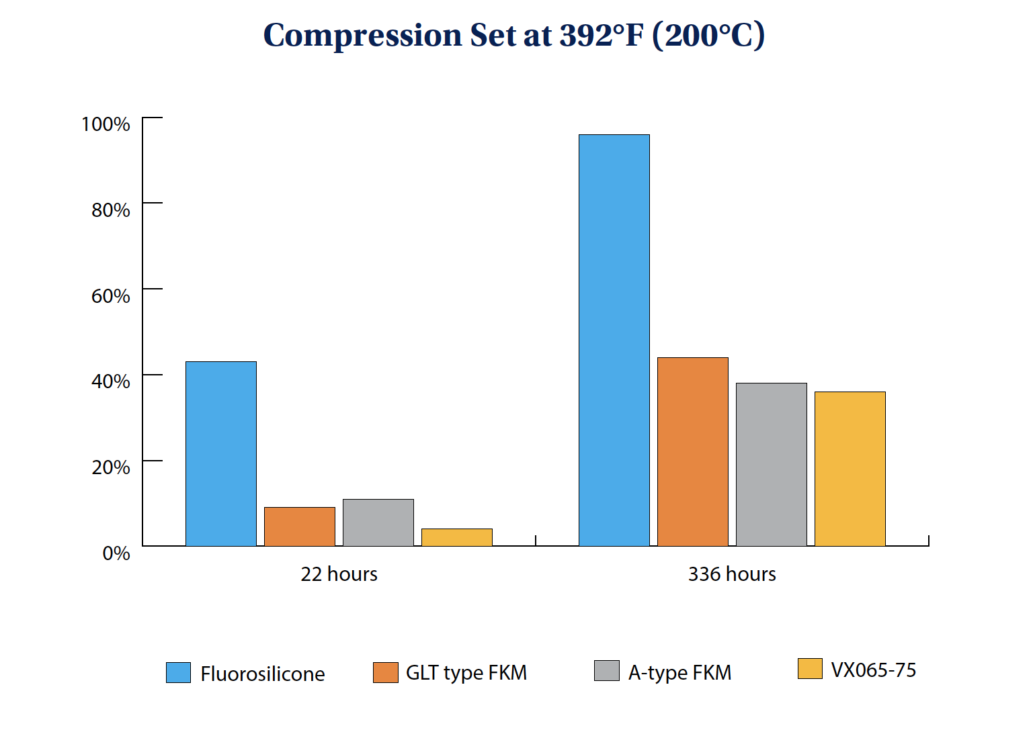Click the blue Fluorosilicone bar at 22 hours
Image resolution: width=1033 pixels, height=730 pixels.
[220, 454]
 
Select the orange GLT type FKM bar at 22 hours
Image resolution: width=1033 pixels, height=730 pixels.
[299, 527]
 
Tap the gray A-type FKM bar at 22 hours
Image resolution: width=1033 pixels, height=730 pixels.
[378, 522]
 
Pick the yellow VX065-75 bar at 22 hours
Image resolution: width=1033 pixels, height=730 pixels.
[456, 537]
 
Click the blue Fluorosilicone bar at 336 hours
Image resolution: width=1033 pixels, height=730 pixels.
[614, 340]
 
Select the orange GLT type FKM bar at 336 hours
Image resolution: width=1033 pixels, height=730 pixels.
[692, 452]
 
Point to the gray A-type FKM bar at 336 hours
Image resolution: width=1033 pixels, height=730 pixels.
[771, 465]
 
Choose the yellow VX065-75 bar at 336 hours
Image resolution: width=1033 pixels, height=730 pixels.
[850, 469]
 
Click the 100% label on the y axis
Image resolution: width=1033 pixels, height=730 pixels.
[106, 124]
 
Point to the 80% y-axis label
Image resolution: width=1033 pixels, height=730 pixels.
[110, 210]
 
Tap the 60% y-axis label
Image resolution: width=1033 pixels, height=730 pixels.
[110, 296]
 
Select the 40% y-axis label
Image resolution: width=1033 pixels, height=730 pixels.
[110, 381]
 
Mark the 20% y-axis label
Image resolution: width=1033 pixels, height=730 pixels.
[110, 467]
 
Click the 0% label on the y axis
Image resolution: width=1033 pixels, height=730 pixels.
[116, 553]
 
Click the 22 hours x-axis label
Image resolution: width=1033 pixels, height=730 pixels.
[339, 574]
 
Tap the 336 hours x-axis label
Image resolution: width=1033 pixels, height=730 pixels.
[732, 574]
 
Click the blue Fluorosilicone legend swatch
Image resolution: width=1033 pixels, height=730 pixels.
[178, 672]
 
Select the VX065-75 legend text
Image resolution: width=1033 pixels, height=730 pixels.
[873, 670]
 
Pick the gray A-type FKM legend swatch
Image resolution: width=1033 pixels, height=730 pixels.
[606, 670]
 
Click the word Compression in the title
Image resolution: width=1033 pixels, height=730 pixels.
[362, 36]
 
